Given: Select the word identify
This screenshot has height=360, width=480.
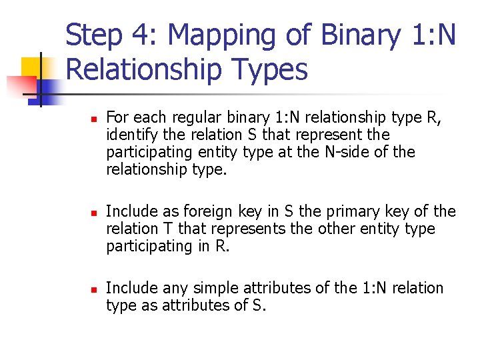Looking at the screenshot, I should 129,135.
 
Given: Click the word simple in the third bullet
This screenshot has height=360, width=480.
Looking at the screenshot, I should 213,288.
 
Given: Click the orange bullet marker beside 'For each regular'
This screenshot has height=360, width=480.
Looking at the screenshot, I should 94,119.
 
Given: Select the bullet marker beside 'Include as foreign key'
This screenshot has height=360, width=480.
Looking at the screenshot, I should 94,213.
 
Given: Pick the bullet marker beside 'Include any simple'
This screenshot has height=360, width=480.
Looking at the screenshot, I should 94,289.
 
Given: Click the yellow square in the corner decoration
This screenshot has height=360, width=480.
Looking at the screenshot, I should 33,69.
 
